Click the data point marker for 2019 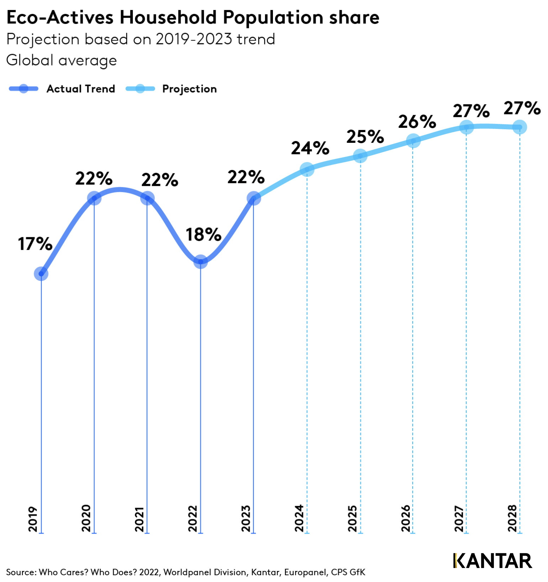pyautogui.click(x=41, y=274)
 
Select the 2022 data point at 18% pyautogui.click(x=201, y=262)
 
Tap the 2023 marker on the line pyautogui.click(x=254, y=198)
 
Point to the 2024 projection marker pyautogui.click(x=307, y=169)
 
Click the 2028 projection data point pyautogui.click(x=520, y=127)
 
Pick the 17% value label pyautogui.click(x=35, y=244)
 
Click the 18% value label pyautogui.click(x=203, y=235)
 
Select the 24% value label pyautogui.click(x=310, y=148)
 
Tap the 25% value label pyautogui.click(x=365, y=137)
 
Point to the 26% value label pyautogui.click(x=417, y=122)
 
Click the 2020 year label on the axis pyautogui.click(x=86, y=518)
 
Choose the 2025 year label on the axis pyautogui.click(x=353, y=518)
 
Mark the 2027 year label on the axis pyautogui.click(x=459, y=518)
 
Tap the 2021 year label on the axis pyautogui.click(x=139, y=518)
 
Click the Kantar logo pyautogui.click(x=493, y=561)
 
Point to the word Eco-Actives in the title pyautogui.click(x=60, y=17)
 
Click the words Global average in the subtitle pyautogui.click(x=62, y=60)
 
